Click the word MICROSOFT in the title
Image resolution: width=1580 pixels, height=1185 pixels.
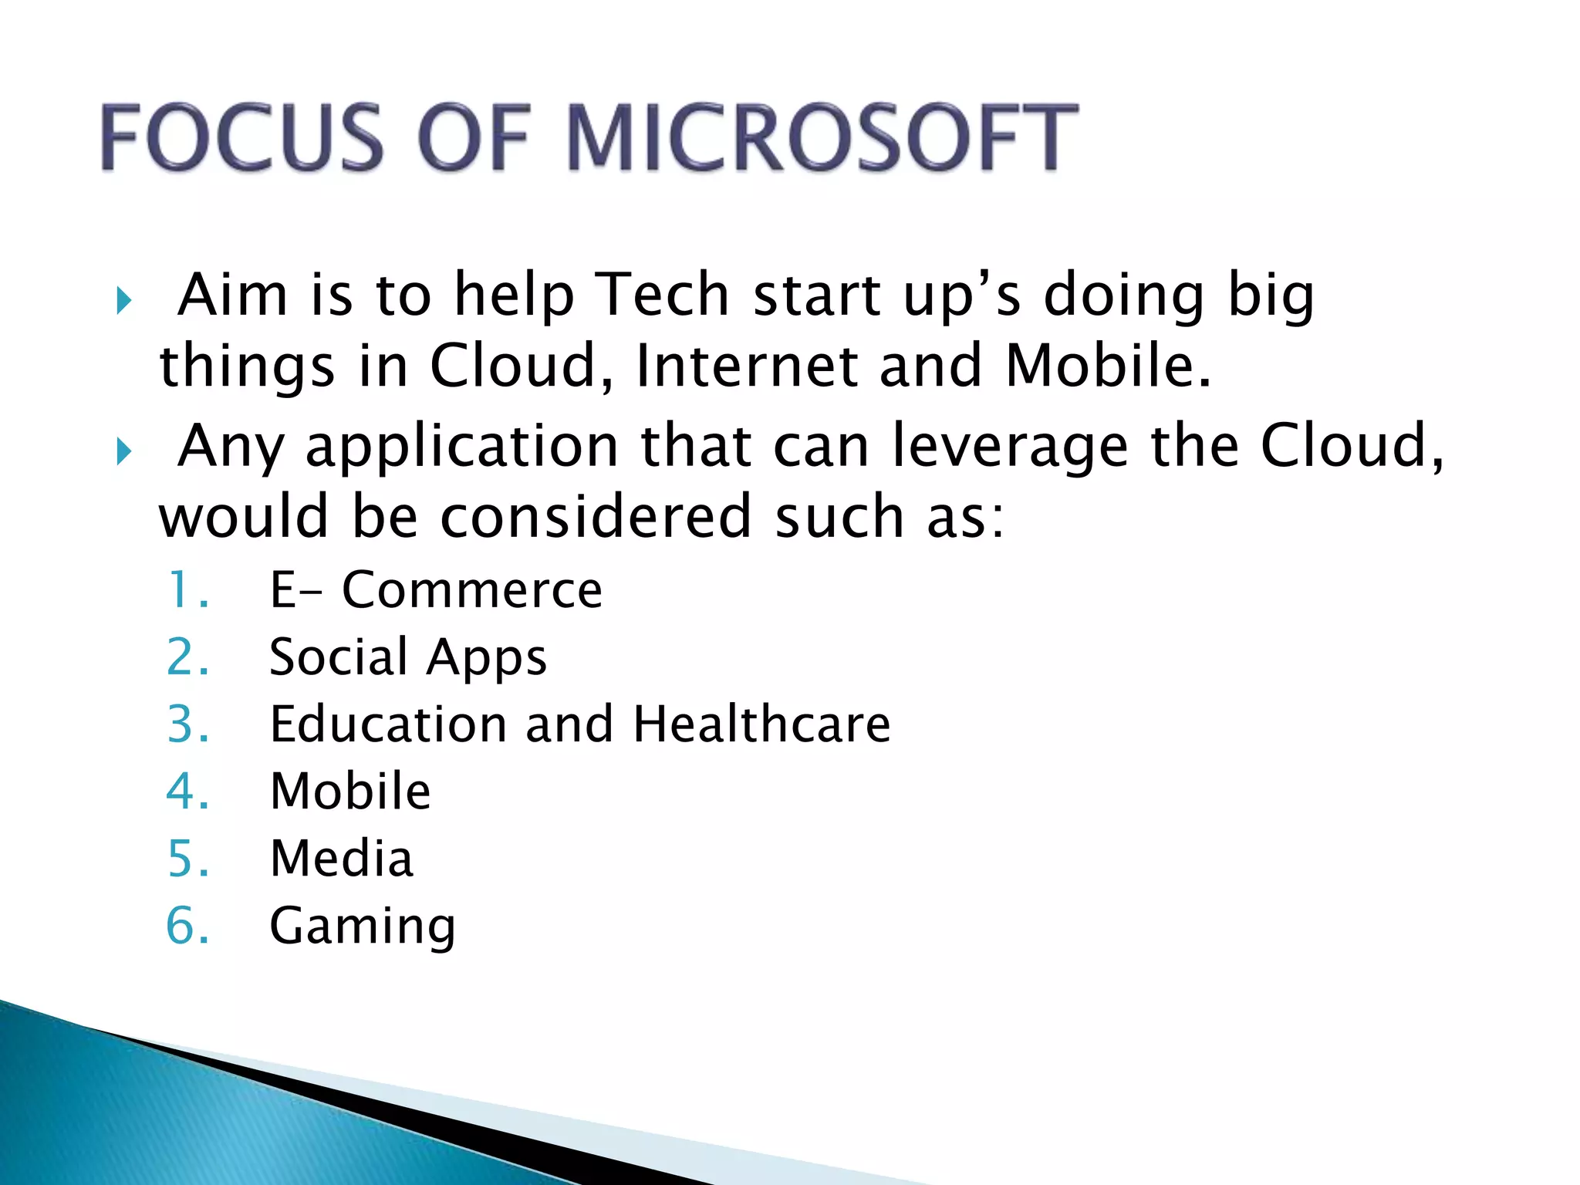point(822,137)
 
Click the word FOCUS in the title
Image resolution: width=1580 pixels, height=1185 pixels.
point(241,137)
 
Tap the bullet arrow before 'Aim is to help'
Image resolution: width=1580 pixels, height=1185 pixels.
point(124,300)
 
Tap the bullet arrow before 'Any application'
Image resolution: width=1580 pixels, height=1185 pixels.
point(124,451)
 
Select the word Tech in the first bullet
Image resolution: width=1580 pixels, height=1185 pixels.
point(664,295)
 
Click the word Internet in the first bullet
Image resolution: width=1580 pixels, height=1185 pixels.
point(746,366)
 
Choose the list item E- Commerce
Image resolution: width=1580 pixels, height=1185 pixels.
point(436,590)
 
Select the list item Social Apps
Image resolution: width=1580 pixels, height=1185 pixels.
point(408,657)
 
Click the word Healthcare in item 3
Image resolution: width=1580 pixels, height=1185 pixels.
point(761,724)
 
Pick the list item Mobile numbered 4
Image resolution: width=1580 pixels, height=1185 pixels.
point(350,792)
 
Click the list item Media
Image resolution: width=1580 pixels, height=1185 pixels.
point(342,859)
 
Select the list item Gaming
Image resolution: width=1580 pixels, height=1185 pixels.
point(363,926)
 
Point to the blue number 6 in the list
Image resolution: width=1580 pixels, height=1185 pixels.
point(186,926)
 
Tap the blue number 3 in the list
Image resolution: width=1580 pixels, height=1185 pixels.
point(186,724)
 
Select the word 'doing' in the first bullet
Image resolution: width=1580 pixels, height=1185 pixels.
point(1123,296)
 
